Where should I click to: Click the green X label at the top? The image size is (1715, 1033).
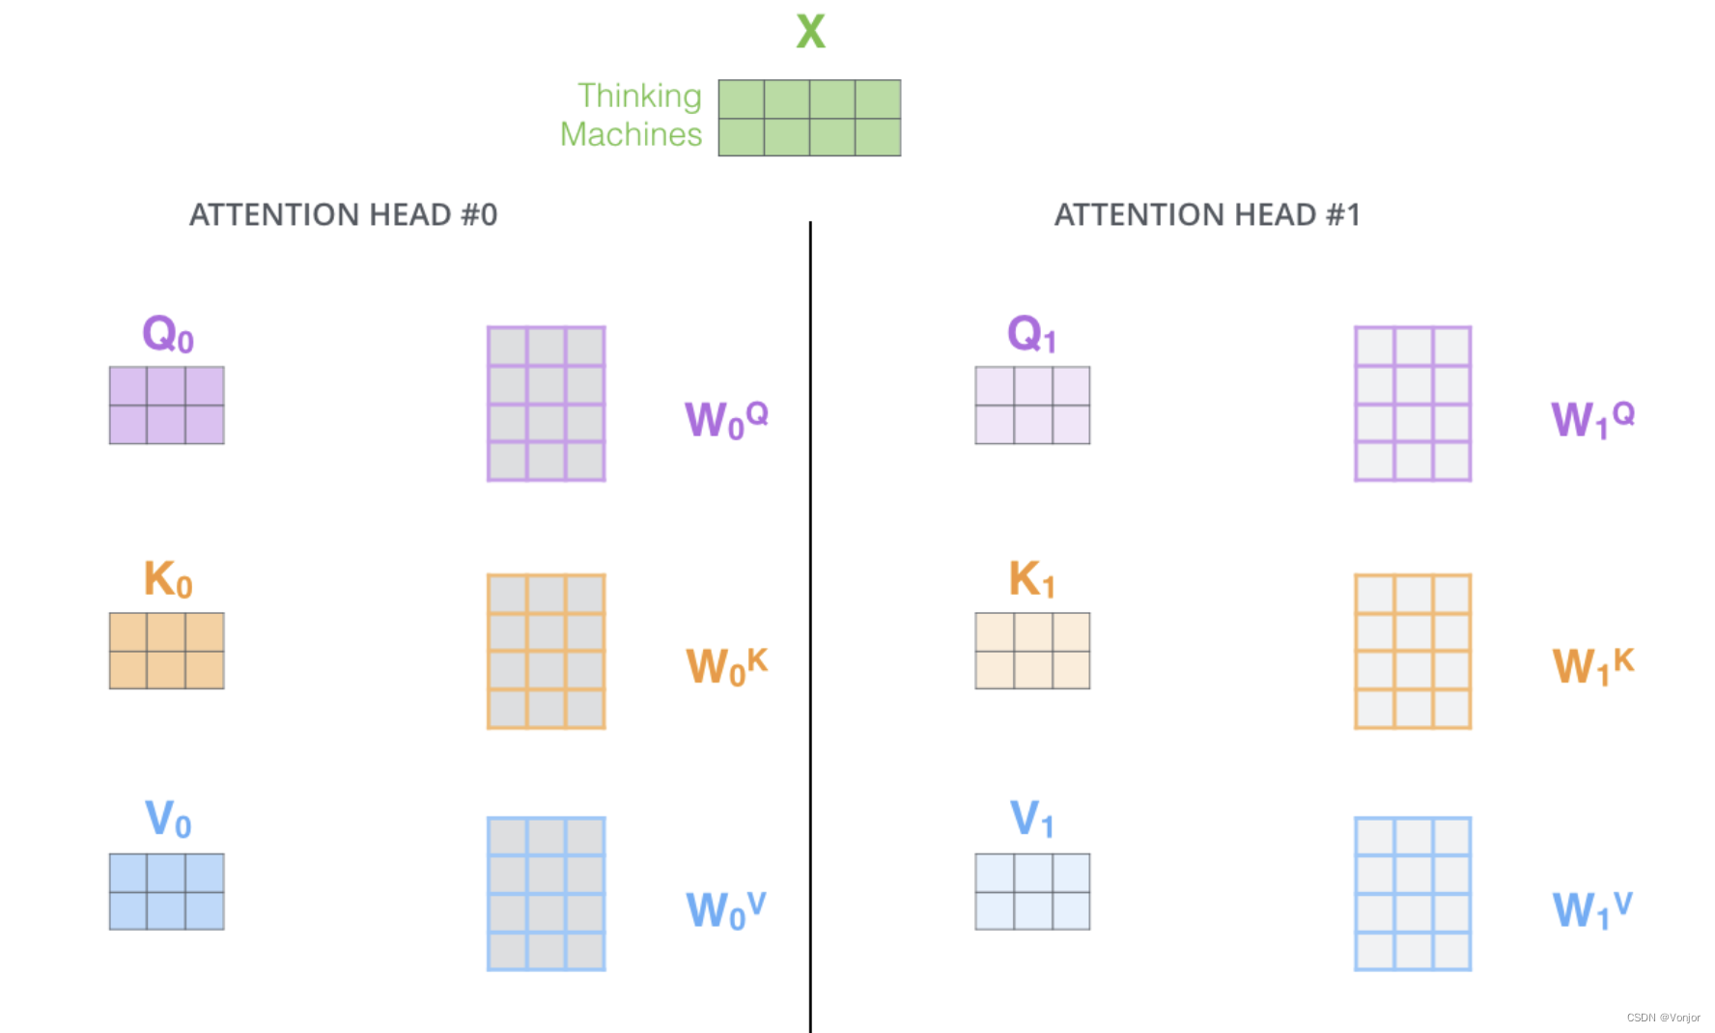810,31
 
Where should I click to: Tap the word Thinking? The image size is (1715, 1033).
639,96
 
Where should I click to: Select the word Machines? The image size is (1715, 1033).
631,134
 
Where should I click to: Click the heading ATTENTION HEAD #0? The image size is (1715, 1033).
343,214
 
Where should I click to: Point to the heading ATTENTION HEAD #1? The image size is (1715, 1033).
1207,214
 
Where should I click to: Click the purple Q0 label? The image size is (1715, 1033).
168,335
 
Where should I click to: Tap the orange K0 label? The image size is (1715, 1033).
168,580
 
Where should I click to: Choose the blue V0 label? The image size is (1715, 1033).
168,820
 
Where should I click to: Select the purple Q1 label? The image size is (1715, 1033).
1031,335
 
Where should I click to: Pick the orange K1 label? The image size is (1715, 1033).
1031,580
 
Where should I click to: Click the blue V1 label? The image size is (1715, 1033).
1031,820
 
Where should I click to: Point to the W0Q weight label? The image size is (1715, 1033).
726,419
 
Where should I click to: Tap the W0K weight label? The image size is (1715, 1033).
726,665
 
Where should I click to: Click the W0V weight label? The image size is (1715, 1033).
726,909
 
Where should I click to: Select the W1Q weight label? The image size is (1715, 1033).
1592,419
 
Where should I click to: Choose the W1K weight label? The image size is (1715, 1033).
1592,665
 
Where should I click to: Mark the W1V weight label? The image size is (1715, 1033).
1592,909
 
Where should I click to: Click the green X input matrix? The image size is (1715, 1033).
809,118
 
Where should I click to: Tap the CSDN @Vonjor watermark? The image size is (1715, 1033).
1663,1018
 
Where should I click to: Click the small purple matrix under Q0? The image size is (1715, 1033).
166,405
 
